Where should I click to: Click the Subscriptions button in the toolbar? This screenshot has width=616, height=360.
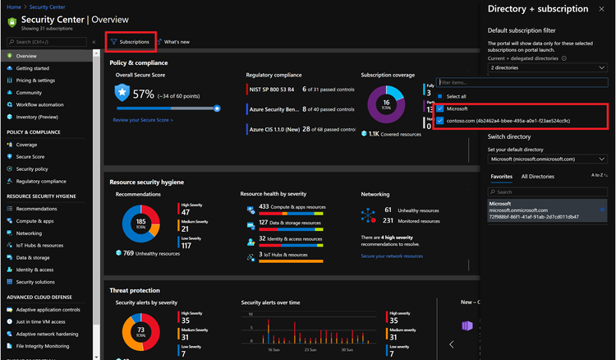coord(131,41)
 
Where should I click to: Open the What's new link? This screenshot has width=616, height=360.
coord(176,41)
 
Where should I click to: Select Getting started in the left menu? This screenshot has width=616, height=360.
coord(32,68)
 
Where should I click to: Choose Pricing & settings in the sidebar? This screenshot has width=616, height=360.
coord(35,81)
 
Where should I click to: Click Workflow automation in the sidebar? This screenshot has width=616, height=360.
coord(39,104)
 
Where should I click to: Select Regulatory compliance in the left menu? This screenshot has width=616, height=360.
coord(41,181)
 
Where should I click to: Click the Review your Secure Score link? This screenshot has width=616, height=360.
coord(143,120)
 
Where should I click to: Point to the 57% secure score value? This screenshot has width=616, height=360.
coord(143,94)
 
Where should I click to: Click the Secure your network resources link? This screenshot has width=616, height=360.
coord(392,256)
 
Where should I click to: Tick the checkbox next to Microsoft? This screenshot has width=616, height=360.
coord(440,108)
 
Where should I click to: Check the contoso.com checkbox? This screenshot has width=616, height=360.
coord(440,121)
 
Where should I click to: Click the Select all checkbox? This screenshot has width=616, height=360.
coord(440,95)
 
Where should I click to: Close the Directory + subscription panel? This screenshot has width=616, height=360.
coord(605,9)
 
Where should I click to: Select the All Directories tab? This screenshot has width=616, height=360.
coord(537,176)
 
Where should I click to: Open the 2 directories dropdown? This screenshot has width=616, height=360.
coord(546,68)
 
